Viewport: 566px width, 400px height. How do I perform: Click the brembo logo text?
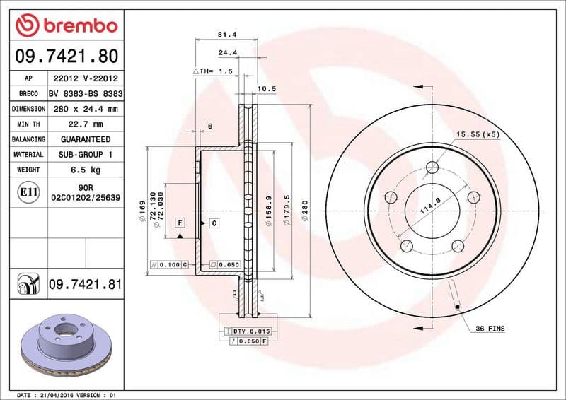point(76,26)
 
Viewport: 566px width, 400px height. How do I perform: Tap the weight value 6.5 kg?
point(85,170)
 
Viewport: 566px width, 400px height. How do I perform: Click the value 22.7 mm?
point(85,124)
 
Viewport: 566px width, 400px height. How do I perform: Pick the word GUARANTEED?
point(85,140)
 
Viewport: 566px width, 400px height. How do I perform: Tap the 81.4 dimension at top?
point(227,34)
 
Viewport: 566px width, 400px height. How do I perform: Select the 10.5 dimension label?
point(266,89)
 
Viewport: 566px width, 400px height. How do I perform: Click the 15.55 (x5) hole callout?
point(478,134)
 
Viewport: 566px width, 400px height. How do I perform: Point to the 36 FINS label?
point(490,329)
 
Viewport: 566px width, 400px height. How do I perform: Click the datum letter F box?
point(180,223)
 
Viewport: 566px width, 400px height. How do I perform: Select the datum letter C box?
point(213,223)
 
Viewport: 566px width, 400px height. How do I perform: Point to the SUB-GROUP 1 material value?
point(85,155)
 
